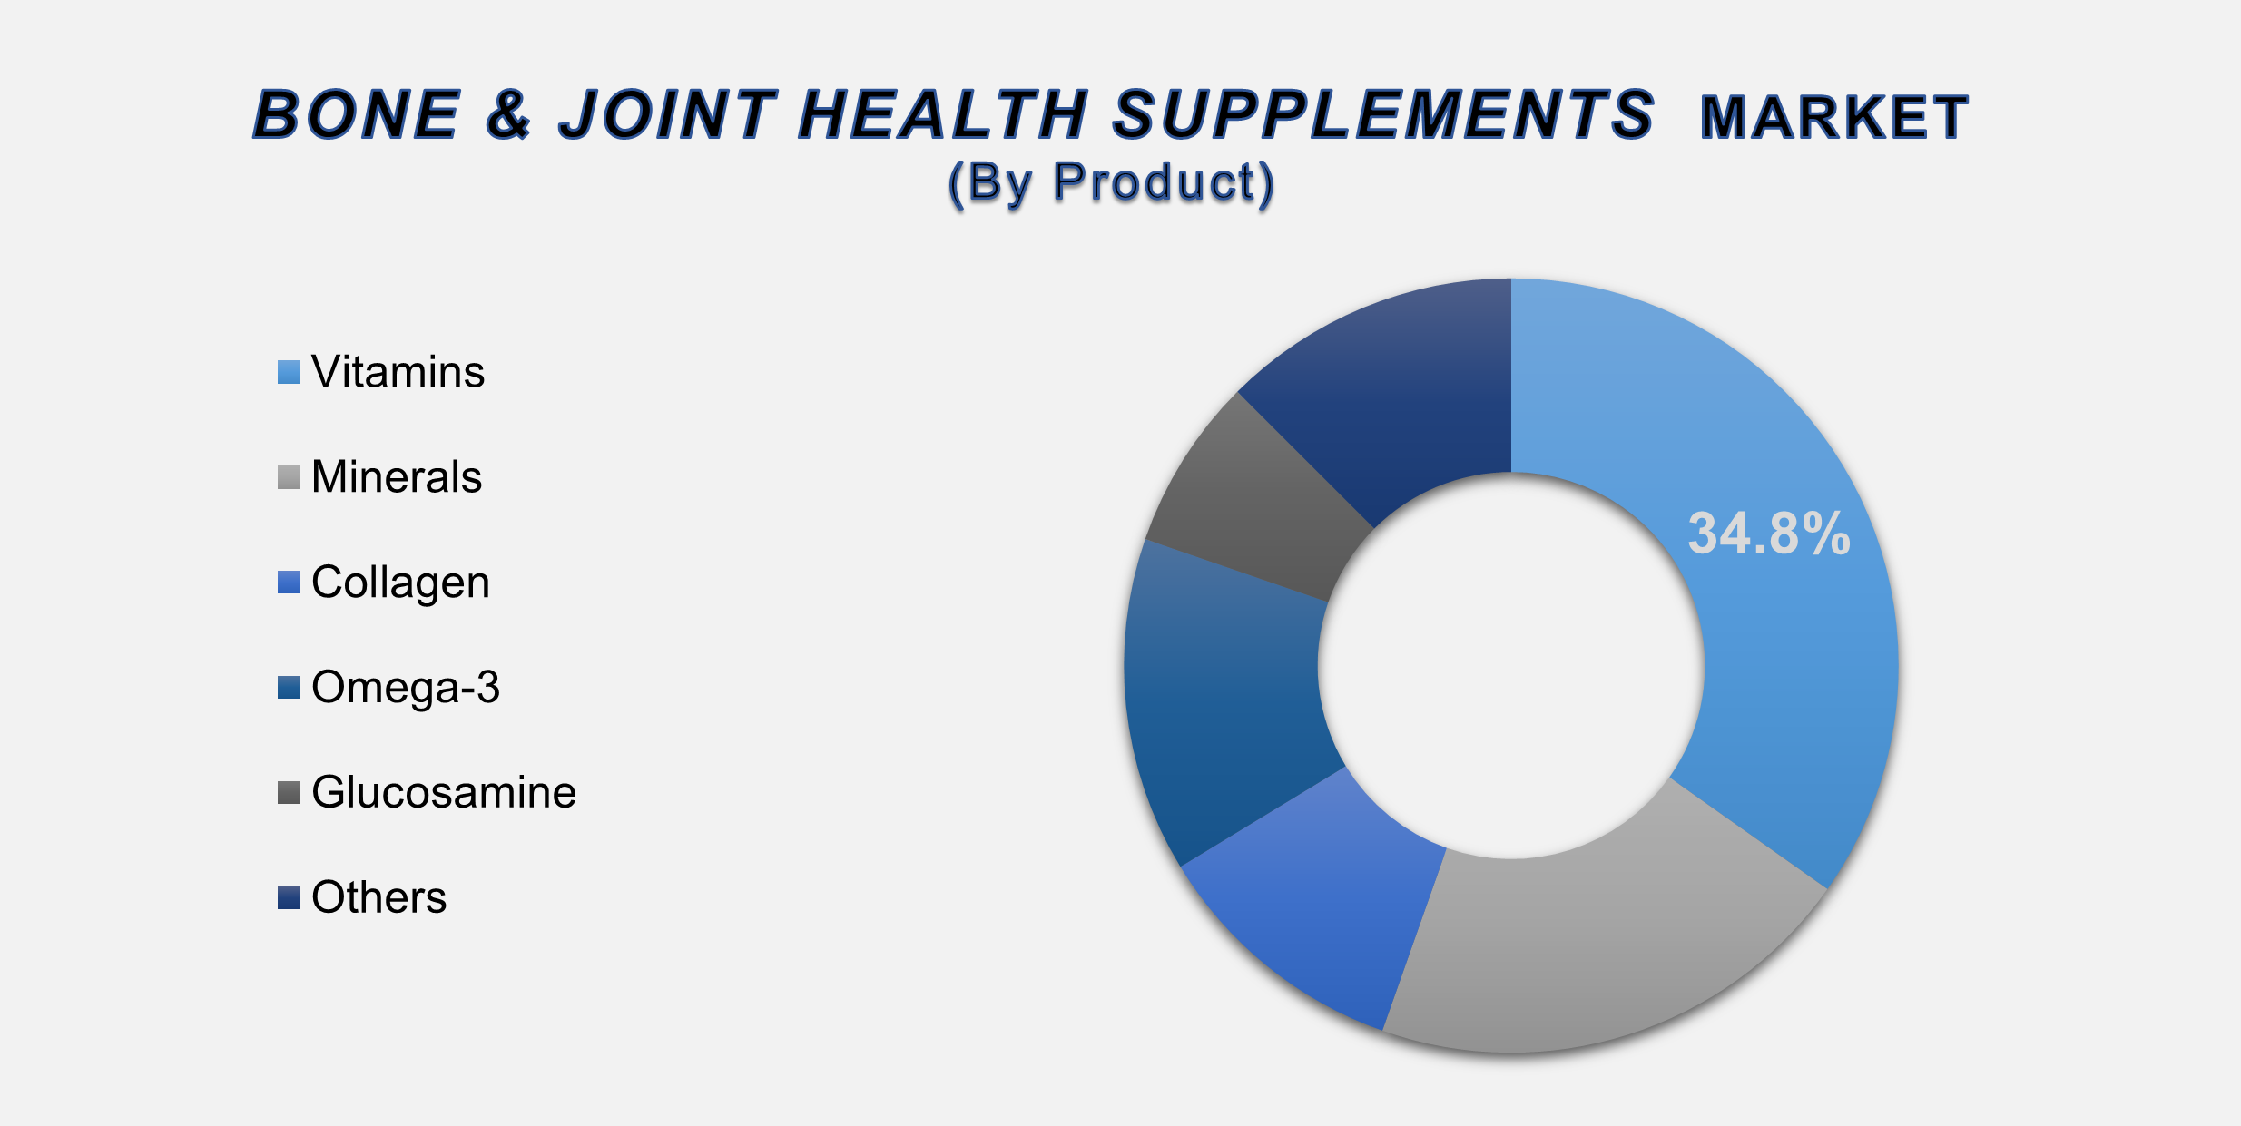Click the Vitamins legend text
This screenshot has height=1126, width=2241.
click(x=398, y=372)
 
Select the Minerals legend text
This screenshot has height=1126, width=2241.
click(x=397, y=477)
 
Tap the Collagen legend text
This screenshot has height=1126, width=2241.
click(x=400, y=583)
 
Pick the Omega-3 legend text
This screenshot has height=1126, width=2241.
click(x=405, y=688)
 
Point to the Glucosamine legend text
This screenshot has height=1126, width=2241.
click(x=444, y=793)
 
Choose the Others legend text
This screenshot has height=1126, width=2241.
click(x=378, y=898)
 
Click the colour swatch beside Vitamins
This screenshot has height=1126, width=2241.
click(x=289, y=373)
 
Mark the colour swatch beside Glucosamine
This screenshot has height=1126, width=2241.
click(x=289, y=793)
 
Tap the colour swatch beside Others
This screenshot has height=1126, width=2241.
click(x=289, y=898)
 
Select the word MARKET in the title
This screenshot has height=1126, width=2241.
click(x=1833, y=118)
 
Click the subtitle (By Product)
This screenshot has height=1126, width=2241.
click(x=1111, y=182)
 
